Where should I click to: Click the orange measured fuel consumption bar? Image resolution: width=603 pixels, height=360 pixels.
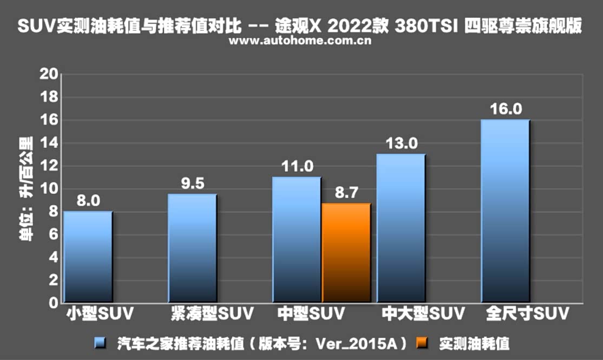tap(346, 253)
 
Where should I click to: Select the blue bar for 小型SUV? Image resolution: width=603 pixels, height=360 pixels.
tap(88, 257)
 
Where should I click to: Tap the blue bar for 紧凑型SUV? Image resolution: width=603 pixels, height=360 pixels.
tap(193, 248)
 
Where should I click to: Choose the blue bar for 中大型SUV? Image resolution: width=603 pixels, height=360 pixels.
tap(401, 228)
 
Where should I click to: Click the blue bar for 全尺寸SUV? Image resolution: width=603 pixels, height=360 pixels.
tap(505, 211)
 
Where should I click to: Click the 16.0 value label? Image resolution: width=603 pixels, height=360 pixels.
tap(506, 109)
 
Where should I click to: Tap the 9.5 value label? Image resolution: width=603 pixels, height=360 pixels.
tap(193, 184)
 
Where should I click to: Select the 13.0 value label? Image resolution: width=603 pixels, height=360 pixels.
tap(401, 143)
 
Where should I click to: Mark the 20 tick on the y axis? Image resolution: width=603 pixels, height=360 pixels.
tap(49, 75)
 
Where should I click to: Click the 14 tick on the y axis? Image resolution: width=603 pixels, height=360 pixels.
tap(49, 143)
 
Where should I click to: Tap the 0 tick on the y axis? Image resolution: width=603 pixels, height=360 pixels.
tap(53, 303)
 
